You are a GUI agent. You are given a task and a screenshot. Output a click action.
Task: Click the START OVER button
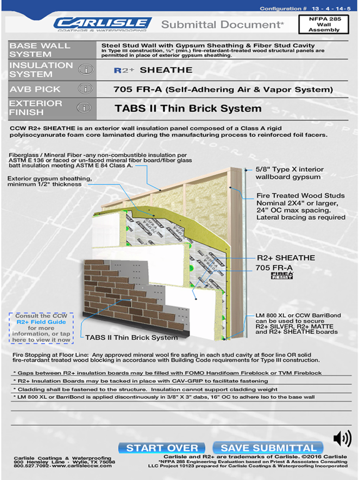[x=162, y=447]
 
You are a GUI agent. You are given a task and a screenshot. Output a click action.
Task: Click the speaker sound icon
[x=342, y=439]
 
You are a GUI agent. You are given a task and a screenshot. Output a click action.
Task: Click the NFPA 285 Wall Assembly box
[x=332, y=24]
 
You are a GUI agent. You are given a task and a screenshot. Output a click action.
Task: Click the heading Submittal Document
[x=223, y=24]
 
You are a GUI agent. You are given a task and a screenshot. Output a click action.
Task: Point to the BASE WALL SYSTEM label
[x=40, y=51]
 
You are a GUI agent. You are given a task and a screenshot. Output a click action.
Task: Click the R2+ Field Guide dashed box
[x=41, y=327]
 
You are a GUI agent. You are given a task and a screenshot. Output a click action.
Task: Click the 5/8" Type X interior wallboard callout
[x=289, y=173]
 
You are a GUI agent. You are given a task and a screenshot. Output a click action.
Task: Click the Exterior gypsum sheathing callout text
[x=50, y=181]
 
